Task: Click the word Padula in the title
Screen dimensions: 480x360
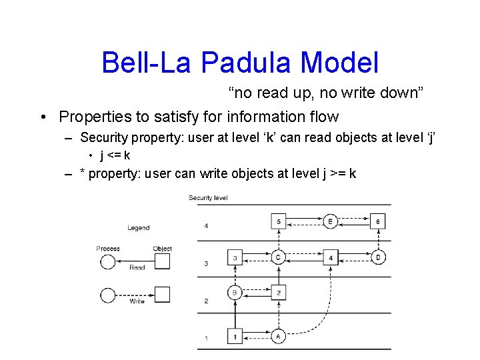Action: click(x=246, y=63)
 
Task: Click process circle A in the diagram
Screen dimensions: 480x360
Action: click(x=278, y=336)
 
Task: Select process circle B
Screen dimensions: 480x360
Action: click(x=235, y=293)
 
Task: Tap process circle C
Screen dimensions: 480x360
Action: click(x=278, y=257)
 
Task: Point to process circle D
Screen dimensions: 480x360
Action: click(x=378, y=257)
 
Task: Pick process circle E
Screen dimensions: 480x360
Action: click(x=330, y=221)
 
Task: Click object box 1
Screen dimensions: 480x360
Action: click(x=235, y=336)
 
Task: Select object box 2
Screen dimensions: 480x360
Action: click(x=278, y=293)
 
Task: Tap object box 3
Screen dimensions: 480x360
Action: click(x=235, y=257)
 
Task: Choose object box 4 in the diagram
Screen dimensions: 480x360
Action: click(x=330, y=257)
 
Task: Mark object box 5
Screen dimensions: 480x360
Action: click(x=278, y=221)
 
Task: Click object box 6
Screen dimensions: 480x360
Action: click(x=378, y=221)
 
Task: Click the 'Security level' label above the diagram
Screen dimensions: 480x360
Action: click(x=208, y=198)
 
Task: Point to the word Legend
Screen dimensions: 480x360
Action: click(x=139, y=228)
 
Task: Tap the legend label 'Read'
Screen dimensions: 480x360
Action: click(x=137, y=268)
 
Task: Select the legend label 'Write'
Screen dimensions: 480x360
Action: click(x=137, y=301)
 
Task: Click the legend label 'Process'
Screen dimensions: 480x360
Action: click(x=108, y=249)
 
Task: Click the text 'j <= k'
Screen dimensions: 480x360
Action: click(x=115, y=155)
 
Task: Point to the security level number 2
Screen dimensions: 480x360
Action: click(x=206, y=301)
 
